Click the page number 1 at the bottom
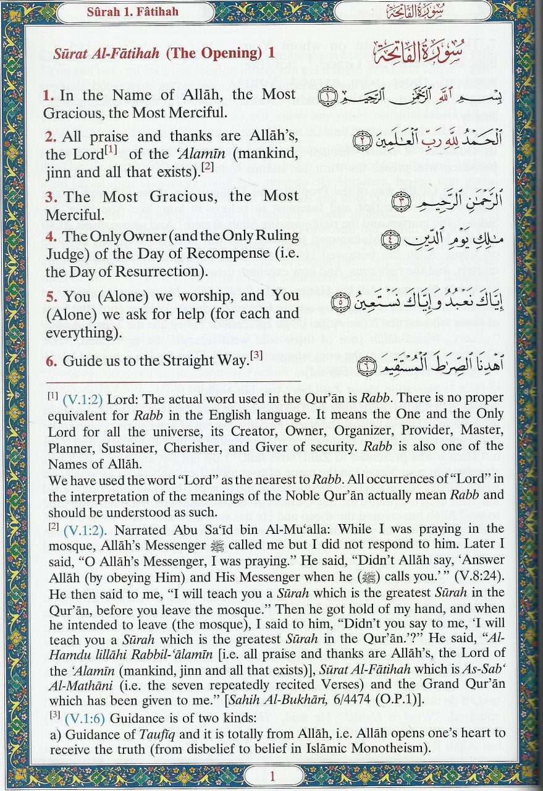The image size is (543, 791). coord(271,776)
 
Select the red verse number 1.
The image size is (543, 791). coord(48,96)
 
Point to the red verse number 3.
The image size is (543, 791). coord(49,197)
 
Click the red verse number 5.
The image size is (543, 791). coord(49,297)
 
